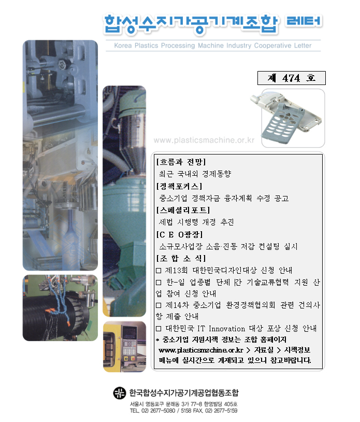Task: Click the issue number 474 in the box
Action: point(291,78)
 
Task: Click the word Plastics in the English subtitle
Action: point(146,46)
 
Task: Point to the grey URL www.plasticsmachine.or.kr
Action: point(204,140)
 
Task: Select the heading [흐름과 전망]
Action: point(181,162)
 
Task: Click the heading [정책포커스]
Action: point(179,186)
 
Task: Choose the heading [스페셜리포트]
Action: point(183,210)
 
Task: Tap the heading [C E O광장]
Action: point(179,234)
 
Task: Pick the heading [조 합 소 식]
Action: point(181,258)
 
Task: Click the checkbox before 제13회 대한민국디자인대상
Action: point(159,271)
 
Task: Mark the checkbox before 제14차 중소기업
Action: point(159,305)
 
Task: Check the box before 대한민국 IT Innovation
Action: point(159,329)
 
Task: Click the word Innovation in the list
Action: point(227,329)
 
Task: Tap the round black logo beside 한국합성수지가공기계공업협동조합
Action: point(119,393)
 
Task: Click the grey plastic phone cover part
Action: point(285,118)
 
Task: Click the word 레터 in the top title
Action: point(304,21)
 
